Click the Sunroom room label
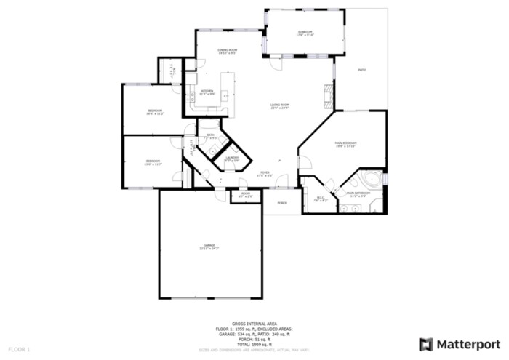[x=305, y=33]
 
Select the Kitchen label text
[x=207, y=92]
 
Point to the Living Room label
[x=280, y=106]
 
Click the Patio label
[x=361, y=71]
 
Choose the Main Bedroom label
[x=345, y=144]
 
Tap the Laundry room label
[x=231, y=158]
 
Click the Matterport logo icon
[x=426, y=343]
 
